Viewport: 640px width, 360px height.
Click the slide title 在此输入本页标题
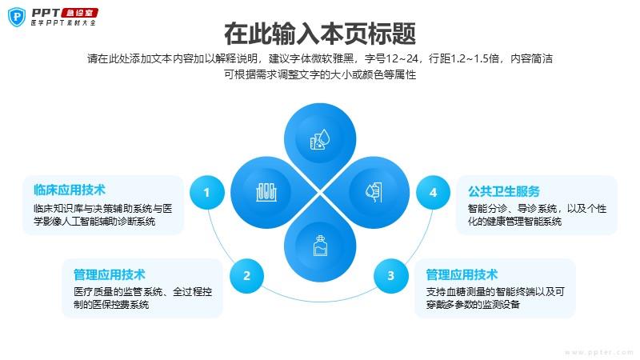[x=320, y=34]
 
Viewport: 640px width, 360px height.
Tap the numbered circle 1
[x=207, y=192]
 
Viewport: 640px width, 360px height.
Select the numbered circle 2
[x=246, y=276]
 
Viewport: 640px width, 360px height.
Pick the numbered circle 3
[x=390, y=276]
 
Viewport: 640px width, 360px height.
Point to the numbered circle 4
[x=433, y=192]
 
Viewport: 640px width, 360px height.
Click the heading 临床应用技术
[x=70, y=190]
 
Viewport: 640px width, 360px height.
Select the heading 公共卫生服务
[x=504, y=191]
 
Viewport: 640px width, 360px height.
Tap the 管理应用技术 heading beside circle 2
[x=110, y=274]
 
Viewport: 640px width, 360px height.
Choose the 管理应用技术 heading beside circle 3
[x=462, y=274]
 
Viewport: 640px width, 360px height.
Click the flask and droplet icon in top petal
[x=319, y=139]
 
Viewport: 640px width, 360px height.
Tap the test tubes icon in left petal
[x=266, y=192]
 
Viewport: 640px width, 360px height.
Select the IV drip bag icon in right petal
[x=374, y=192]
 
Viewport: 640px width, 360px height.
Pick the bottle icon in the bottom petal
[x=320, y=246]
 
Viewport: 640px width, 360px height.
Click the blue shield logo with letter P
[x=17, y=17]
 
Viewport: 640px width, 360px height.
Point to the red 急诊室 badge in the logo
[x=79, y=13]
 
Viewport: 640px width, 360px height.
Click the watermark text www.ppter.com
[x=598, y=352]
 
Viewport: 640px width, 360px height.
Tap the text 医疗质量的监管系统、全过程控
[x=143, y=292]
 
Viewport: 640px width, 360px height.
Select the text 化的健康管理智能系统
[x=514, y=222]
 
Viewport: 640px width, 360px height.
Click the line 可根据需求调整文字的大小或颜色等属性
[x=320, y=74]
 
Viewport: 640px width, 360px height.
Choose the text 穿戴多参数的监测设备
[x=473, y=305]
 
